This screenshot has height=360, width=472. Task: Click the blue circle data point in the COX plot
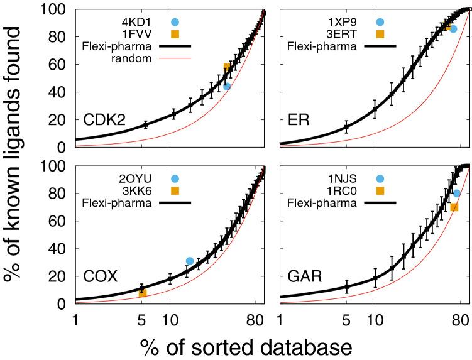pos(190,261)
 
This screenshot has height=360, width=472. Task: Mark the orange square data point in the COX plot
pos(143,292)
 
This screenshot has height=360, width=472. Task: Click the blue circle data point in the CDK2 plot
pos(227,86)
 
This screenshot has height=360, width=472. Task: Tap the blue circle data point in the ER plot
pos(453,29)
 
